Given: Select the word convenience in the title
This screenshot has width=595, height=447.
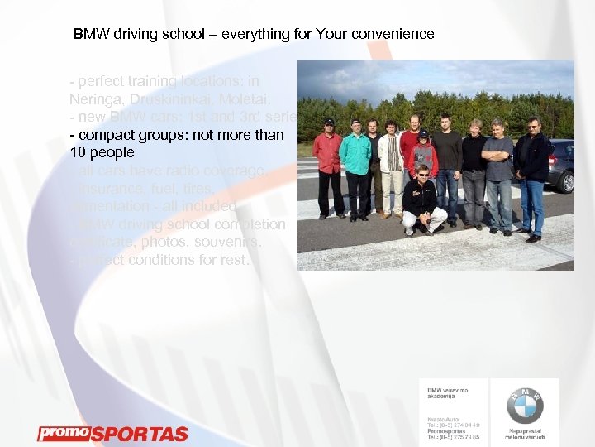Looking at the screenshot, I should (393, 35).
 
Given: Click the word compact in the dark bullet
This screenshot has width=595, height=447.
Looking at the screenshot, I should (107, 134).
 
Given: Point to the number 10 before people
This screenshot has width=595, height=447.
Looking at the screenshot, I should (79, 152).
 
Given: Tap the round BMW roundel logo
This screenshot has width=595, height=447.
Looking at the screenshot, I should (525, 406).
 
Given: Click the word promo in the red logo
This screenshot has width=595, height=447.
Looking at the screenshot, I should (63, 432).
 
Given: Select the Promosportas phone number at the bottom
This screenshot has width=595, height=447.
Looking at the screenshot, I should (453, 435).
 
